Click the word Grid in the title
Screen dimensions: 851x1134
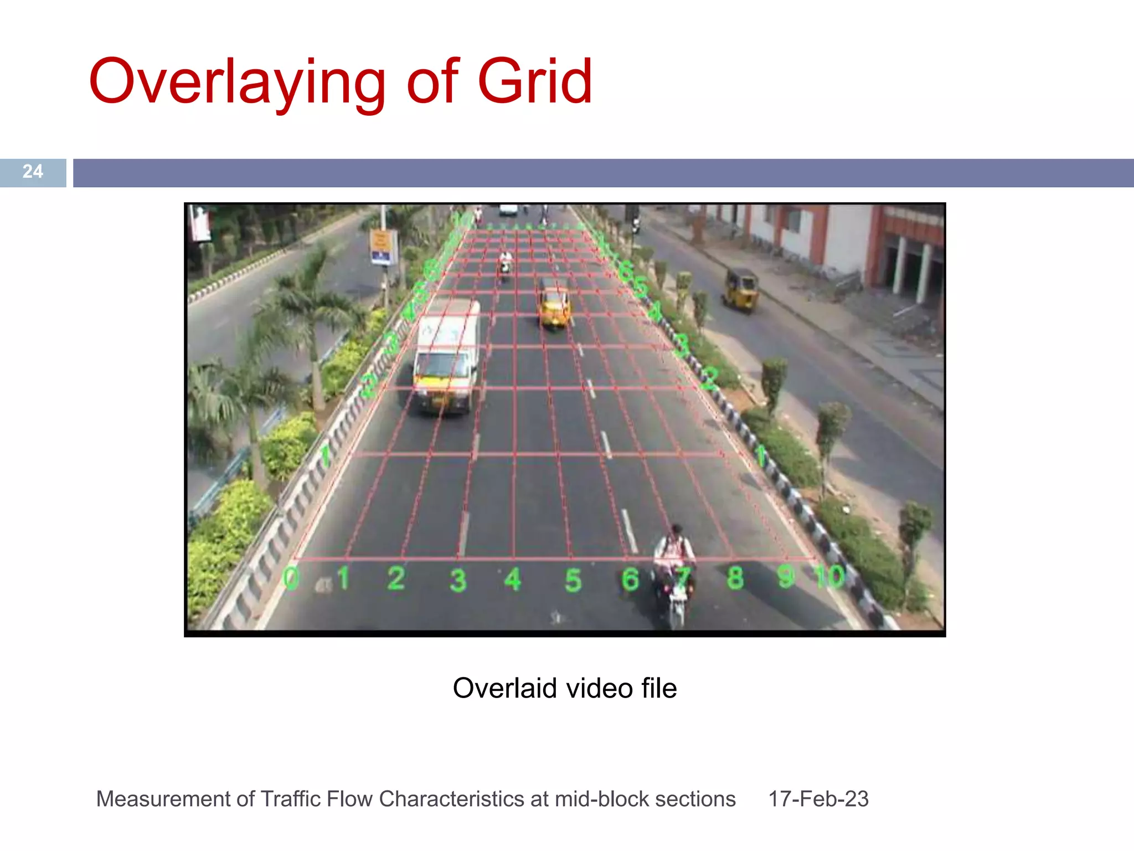click(535, 82)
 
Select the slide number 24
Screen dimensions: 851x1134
click(33, 172)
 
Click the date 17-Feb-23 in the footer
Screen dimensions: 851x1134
click(818, 799)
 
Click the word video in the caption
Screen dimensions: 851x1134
click(599, 688)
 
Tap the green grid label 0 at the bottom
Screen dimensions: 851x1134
click(291, 578)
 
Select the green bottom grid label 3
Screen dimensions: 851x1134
click(458, 580)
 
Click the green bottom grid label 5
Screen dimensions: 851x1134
click(573, 580)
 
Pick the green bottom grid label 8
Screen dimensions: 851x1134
click(735, 578)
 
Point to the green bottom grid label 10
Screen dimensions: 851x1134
click(830, 577)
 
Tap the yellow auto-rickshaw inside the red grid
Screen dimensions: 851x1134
click(554, 304)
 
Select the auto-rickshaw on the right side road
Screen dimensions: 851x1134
click(740, 289)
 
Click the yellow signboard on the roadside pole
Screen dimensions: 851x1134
click(383, 247)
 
